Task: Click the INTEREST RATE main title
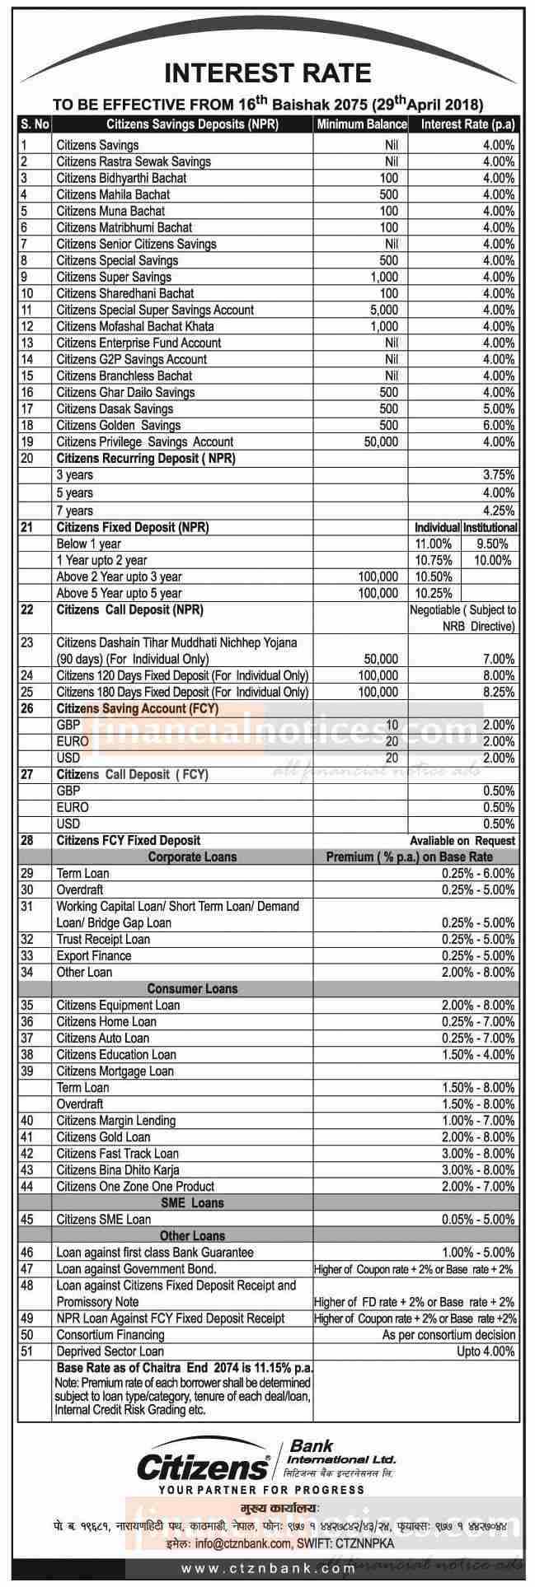[x=268, y=74]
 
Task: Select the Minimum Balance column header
[x=361, y=124]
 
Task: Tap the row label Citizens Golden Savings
[x=119, y=425]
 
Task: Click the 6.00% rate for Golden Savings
[x=499, y=425]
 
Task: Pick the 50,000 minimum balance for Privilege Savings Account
[x=380, y=441]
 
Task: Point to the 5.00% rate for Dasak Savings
[x=499, y=408]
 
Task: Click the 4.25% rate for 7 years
[x=499, y=511]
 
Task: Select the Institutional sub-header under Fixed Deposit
[x=490, y=527]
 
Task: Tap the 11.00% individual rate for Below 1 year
[x=433, y=544]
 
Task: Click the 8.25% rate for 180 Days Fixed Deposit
[x=499, y=692]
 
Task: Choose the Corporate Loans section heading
[x=192, y=857]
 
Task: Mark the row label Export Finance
[x=94, y=955]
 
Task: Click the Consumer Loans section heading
[x=192, y=988]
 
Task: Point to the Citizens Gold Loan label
[x=103, y=1137]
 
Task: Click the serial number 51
[x=27, y=1351]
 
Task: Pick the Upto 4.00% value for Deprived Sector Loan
[x=486, y=1351]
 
